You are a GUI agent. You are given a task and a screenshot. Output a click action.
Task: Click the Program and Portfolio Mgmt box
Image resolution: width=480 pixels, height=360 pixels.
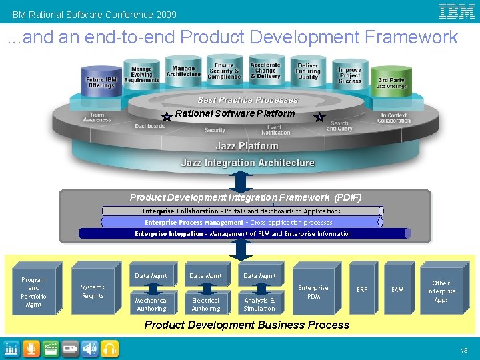pyautogui.click(x=33, y=292)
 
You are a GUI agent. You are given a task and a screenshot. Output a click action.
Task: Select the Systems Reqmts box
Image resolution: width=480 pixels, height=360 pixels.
pyautogui.click(x=93, y=291)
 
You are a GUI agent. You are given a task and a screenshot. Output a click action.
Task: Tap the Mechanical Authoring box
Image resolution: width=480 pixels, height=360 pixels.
pyautogui.click(x=151, y=304)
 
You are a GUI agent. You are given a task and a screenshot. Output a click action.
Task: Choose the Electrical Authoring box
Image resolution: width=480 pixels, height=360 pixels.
pyautogui.click(x=205, y=304)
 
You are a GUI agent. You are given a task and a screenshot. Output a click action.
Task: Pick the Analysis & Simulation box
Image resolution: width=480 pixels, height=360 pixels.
pyautogui.click(x=259, y=304)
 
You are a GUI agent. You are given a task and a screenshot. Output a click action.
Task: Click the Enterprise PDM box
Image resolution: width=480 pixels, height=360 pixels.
pyautogui.click(x=313, y=292)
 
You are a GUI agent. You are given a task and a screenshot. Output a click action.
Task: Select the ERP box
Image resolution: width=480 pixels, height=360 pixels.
pyautogui.click(x=362, y=290)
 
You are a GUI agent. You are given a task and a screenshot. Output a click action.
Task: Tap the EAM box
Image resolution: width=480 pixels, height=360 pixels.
pyautogui.click(x=397, y=290)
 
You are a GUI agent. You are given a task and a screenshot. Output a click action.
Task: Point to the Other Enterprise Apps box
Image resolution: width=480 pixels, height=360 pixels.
pyautogui.click(x=441, y=291)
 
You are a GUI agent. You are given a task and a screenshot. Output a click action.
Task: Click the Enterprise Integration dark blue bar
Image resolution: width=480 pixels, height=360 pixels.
pyautogui.click(x=244, y=233)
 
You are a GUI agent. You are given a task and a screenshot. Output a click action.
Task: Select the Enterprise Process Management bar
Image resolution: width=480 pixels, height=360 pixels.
pyautogui.click(x=240, y=222)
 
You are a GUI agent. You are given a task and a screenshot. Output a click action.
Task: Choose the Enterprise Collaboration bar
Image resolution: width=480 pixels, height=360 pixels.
pyautogui.click(x=241, y=211)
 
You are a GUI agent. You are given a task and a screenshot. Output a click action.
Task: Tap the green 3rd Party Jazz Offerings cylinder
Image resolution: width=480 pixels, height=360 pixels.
pyautogui.click(x=391, y=81)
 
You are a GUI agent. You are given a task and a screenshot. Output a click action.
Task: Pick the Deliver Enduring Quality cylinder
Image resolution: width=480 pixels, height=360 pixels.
pyautogui.click(x=308, y=72)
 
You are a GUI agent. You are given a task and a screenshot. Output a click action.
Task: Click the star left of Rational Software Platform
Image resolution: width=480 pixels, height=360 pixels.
pyautogui.click(x=167, y=117)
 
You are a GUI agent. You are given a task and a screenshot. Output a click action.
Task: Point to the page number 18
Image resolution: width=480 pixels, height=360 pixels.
pyautogui.click(x=463, y=349)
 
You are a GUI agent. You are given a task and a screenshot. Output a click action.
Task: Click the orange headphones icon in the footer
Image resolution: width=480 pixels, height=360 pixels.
pyautogui.click(x=111, y=348)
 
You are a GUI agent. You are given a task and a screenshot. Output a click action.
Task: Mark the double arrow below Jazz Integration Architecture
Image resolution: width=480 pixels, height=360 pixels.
pyautogui.click(x=241, y=181)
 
